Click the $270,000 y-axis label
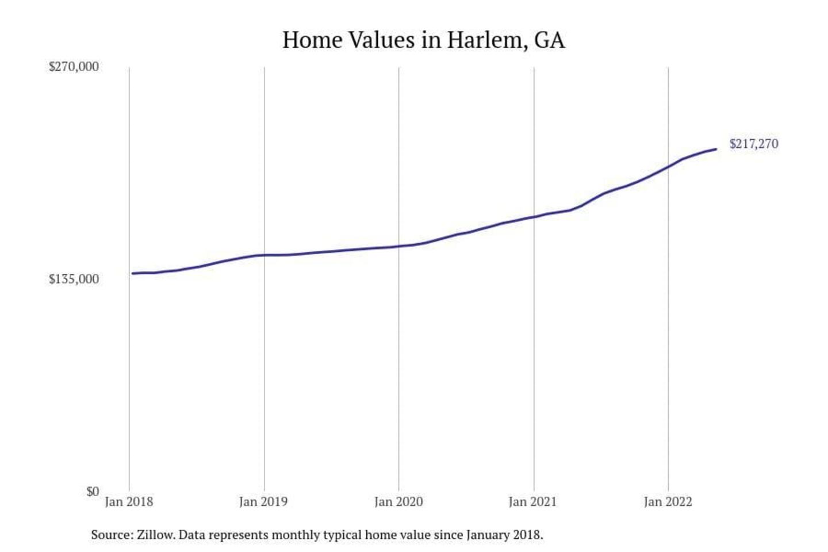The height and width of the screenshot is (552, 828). click(x=74, y=67)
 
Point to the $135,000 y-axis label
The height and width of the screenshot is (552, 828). click(x=74, y=279)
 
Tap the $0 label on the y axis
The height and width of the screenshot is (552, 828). click(x=93, y=492)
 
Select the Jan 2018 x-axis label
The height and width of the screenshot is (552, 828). click(x=129, y=502)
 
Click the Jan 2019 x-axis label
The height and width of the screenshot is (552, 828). click(x=263, y=502)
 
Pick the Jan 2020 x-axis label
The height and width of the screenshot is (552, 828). click(x=398, y=502)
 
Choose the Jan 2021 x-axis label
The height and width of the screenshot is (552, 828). click(x=533, y=502)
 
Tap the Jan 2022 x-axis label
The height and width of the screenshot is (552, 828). click(x=668, y=502)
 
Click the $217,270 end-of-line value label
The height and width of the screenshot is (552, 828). click(x=754, y=144)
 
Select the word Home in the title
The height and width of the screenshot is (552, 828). click(x=312, y=40)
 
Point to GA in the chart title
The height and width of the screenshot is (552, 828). click(x=550, y=40)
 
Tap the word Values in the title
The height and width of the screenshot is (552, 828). click(x=381, y=40)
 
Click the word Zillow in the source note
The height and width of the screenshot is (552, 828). click(x=155, y=535)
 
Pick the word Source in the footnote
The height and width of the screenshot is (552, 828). click(x=112, y=535)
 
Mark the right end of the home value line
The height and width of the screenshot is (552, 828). click(x=716, y=149)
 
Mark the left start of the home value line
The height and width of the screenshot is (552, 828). click(x=133, y=273)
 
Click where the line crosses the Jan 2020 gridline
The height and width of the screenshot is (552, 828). click(x=398, y=247)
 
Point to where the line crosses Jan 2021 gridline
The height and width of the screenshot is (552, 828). click(x=534, y=217)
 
